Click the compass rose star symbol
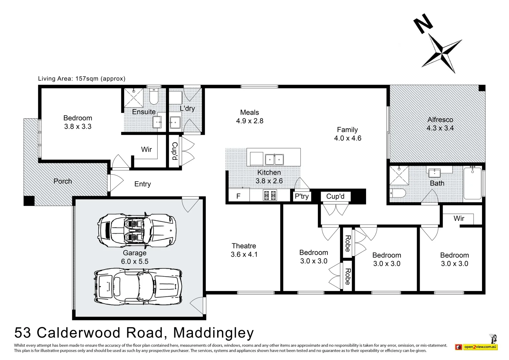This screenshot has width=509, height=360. coord(442,53)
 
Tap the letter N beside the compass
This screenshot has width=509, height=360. coord(423,24)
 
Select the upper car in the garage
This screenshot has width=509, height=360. coord(137,230)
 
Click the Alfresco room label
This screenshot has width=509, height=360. coord(440,120)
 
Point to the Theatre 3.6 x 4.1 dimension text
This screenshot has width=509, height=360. coord(244,254)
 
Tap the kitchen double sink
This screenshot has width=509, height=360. coord(274,160)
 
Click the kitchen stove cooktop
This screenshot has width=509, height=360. coord(270,195)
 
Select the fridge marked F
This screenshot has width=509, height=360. coord(239,196)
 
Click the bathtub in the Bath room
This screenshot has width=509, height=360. coord(472,183)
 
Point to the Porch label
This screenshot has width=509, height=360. coord(63,181)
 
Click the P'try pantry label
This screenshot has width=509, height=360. coord(301,196)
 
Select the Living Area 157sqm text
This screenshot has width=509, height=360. coord(82,79)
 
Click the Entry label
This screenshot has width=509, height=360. coord(143,184)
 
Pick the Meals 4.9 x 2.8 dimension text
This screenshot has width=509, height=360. coord(250,121)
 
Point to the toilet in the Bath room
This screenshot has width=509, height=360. coord(397,193)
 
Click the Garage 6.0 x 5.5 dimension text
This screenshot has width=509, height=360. coord(135,261)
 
